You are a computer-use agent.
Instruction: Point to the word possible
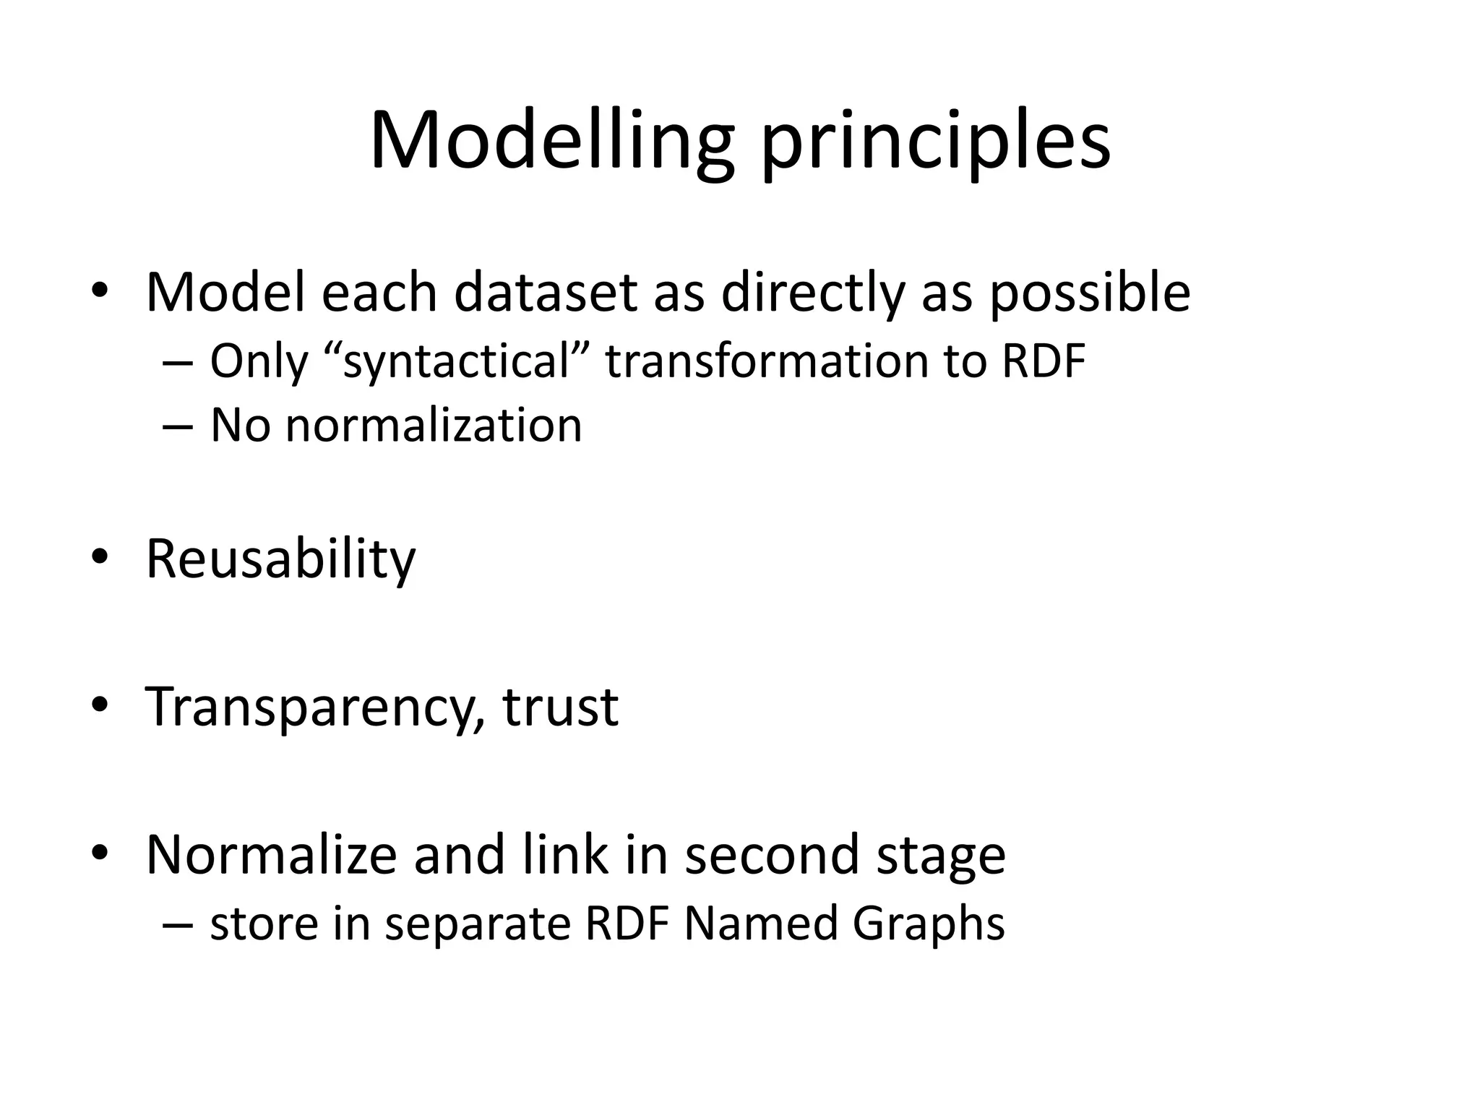coord(1090,293)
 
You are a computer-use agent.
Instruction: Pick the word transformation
coord(766,361)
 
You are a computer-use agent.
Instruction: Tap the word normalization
coord(434,425)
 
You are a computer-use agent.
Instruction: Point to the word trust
coord(560,707)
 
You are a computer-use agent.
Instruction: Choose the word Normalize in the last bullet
coord(271,855)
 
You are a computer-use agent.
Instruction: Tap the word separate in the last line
coord(478,924)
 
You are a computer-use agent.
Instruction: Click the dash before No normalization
coord(178,426)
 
